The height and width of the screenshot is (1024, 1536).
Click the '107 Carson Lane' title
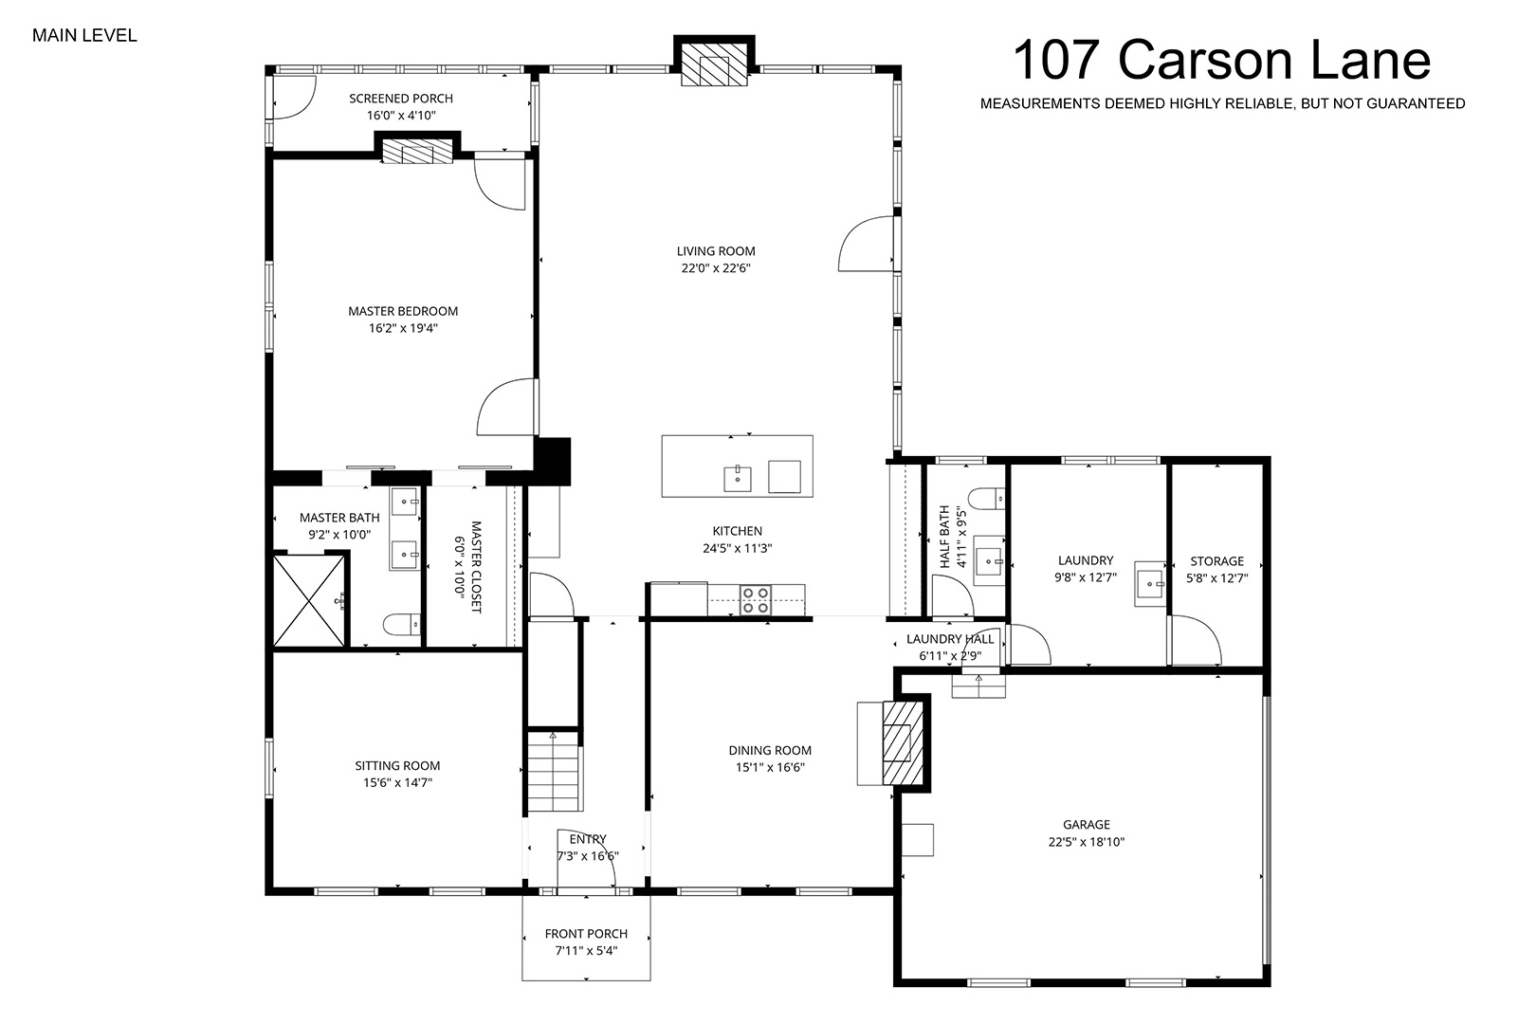click(1222, 61)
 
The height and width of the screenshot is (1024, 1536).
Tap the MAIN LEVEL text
click(84, 36)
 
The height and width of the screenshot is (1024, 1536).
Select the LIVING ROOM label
click(716, 251)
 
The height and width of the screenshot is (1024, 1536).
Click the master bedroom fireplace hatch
click(417, 152)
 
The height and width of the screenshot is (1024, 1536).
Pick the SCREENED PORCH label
click(401, 98)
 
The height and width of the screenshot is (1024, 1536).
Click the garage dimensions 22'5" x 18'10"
click(1087, 842)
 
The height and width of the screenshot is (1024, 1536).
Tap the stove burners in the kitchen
click(755, 600)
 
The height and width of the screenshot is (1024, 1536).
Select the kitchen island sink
click(737, 479)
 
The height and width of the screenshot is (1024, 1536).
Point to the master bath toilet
click(402, 625)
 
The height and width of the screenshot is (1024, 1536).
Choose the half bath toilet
click(986, 499)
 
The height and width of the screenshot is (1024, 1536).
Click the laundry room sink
click(1149, 584)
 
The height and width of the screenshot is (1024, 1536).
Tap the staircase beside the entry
click(554, 772)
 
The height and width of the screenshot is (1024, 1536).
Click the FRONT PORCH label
click(586, 934)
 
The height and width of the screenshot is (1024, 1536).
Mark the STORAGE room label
click(1217, 561)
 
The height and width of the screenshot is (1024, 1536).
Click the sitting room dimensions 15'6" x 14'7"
click(397, 782)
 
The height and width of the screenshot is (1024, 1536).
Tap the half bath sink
click(988, 561)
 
